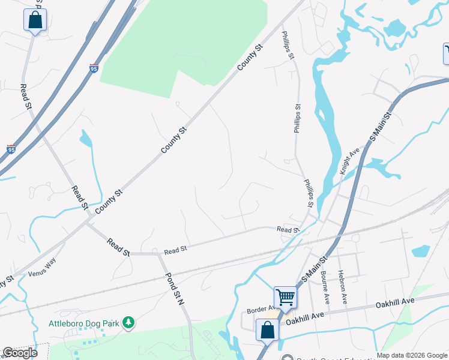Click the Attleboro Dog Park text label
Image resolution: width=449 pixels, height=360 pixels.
point(85,323)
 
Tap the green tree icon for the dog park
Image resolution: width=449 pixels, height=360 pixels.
point(128,323)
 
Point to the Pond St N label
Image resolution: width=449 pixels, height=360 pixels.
point(175,290)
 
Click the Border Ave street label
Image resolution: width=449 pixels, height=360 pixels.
point(260,310)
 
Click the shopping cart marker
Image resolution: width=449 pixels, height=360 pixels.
point(285,296)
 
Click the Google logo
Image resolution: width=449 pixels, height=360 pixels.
point(20,353)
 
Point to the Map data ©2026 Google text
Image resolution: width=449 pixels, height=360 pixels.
point(412,355)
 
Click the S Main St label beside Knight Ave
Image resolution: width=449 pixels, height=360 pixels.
point(380,126)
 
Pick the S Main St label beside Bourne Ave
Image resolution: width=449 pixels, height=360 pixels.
point(316,268)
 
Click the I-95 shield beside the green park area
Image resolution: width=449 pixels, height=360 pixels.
point(94,68)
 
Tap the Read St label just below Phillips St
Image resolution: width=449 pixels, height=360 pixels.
point(288,230)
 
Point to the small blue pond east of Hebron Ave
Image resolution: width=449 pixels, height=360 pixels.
point(421,250)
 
